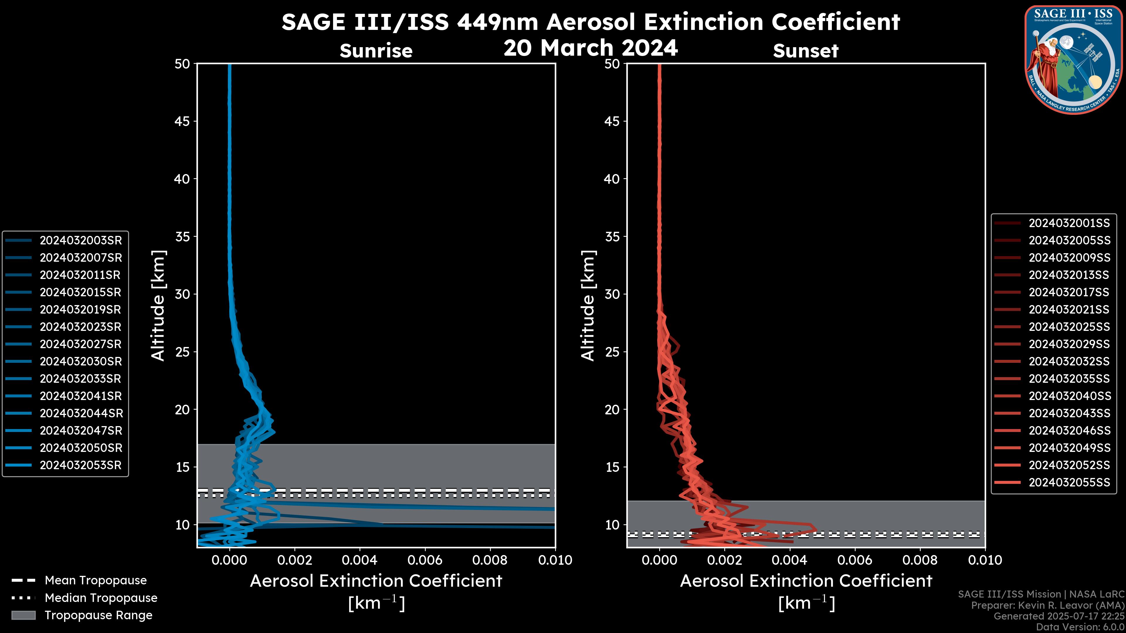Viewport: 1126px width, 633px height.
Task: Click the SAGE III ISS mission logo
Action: (x=1074, y=59)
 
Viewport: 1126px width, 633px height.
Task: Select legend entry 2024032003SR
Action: (x=80, y=240)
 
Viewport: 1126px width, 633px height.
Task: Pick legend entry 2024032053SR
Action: (x=80, y=465)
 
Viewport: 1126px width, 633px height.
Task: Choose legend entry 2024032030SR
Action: (x=80, y=361)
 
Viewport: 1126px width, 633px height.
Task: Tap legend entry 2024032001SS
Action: (x=1069, y=223)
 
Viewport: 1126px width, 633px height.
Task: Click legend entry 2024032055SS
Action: (x=1069, y=482)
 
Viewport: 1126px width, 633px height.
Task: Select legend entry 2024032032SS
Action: (x=1069, y=361)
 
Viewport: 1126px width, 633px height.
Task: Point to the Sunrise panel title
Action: (x=376, y=51)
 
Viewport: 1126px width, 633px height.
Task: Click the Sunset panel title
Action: (x=806, y=51)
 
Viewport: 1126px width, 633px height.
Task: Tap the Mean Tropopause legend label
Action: (x=96, y=580)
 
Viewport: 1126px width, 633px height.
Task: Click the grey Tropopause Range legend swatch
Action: (x=23, y=615)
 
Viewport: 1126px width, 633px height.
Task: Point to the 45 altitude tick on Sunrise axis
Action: (x=182, y=121)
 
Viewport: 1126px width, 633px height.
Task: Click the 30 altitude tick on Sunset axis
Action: (x=612, y=294)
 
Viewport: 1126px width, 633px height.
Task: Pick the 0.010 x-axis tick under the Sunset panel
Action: (x=985, y=560)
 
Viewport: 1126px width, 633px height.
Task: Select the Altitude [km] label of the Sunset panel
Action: (x=588, y=306)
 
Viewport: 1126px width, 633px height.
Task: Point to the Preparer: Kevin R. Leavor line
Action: (x=1047, y=605)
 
